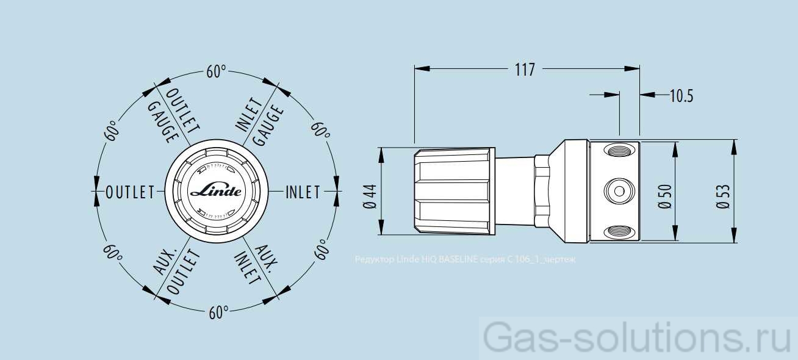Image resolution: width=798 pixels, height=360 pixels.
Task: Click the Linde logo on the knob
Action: click(x=216, y=190)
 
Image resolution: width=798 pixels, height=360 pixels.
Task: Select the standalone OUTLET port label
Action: click(x=130, y=192)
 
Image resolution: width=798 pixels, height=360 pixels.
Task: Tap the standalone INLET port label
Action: click(x=303, y=192)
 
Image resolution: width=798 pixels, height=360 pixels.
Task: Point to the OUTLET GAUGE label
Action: click(x=174, y=115)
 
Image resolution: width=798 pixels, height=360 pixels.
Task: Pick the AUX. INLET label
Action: click(x=257, y=266)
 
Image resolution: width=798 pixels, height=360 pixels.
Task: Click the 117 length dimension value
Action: click(x=524, y=70)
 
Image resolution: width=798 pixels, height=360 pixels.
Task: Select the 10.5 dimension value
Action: click(x=681, y=95)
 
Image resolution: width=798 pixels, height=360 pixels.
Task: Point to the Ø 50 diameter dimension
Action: click(x=664, y=196)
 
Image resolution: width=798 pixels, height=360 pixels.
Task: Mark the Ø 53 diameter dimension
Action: click(x=724, y=196)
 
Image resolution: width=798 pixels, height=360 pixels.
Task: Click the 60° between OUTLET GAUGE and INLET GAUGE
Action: click(x=216, y=71)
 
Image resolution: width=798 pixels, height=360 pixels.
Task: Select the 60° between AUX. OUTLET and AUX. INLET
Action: click(x=218, y=313)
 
